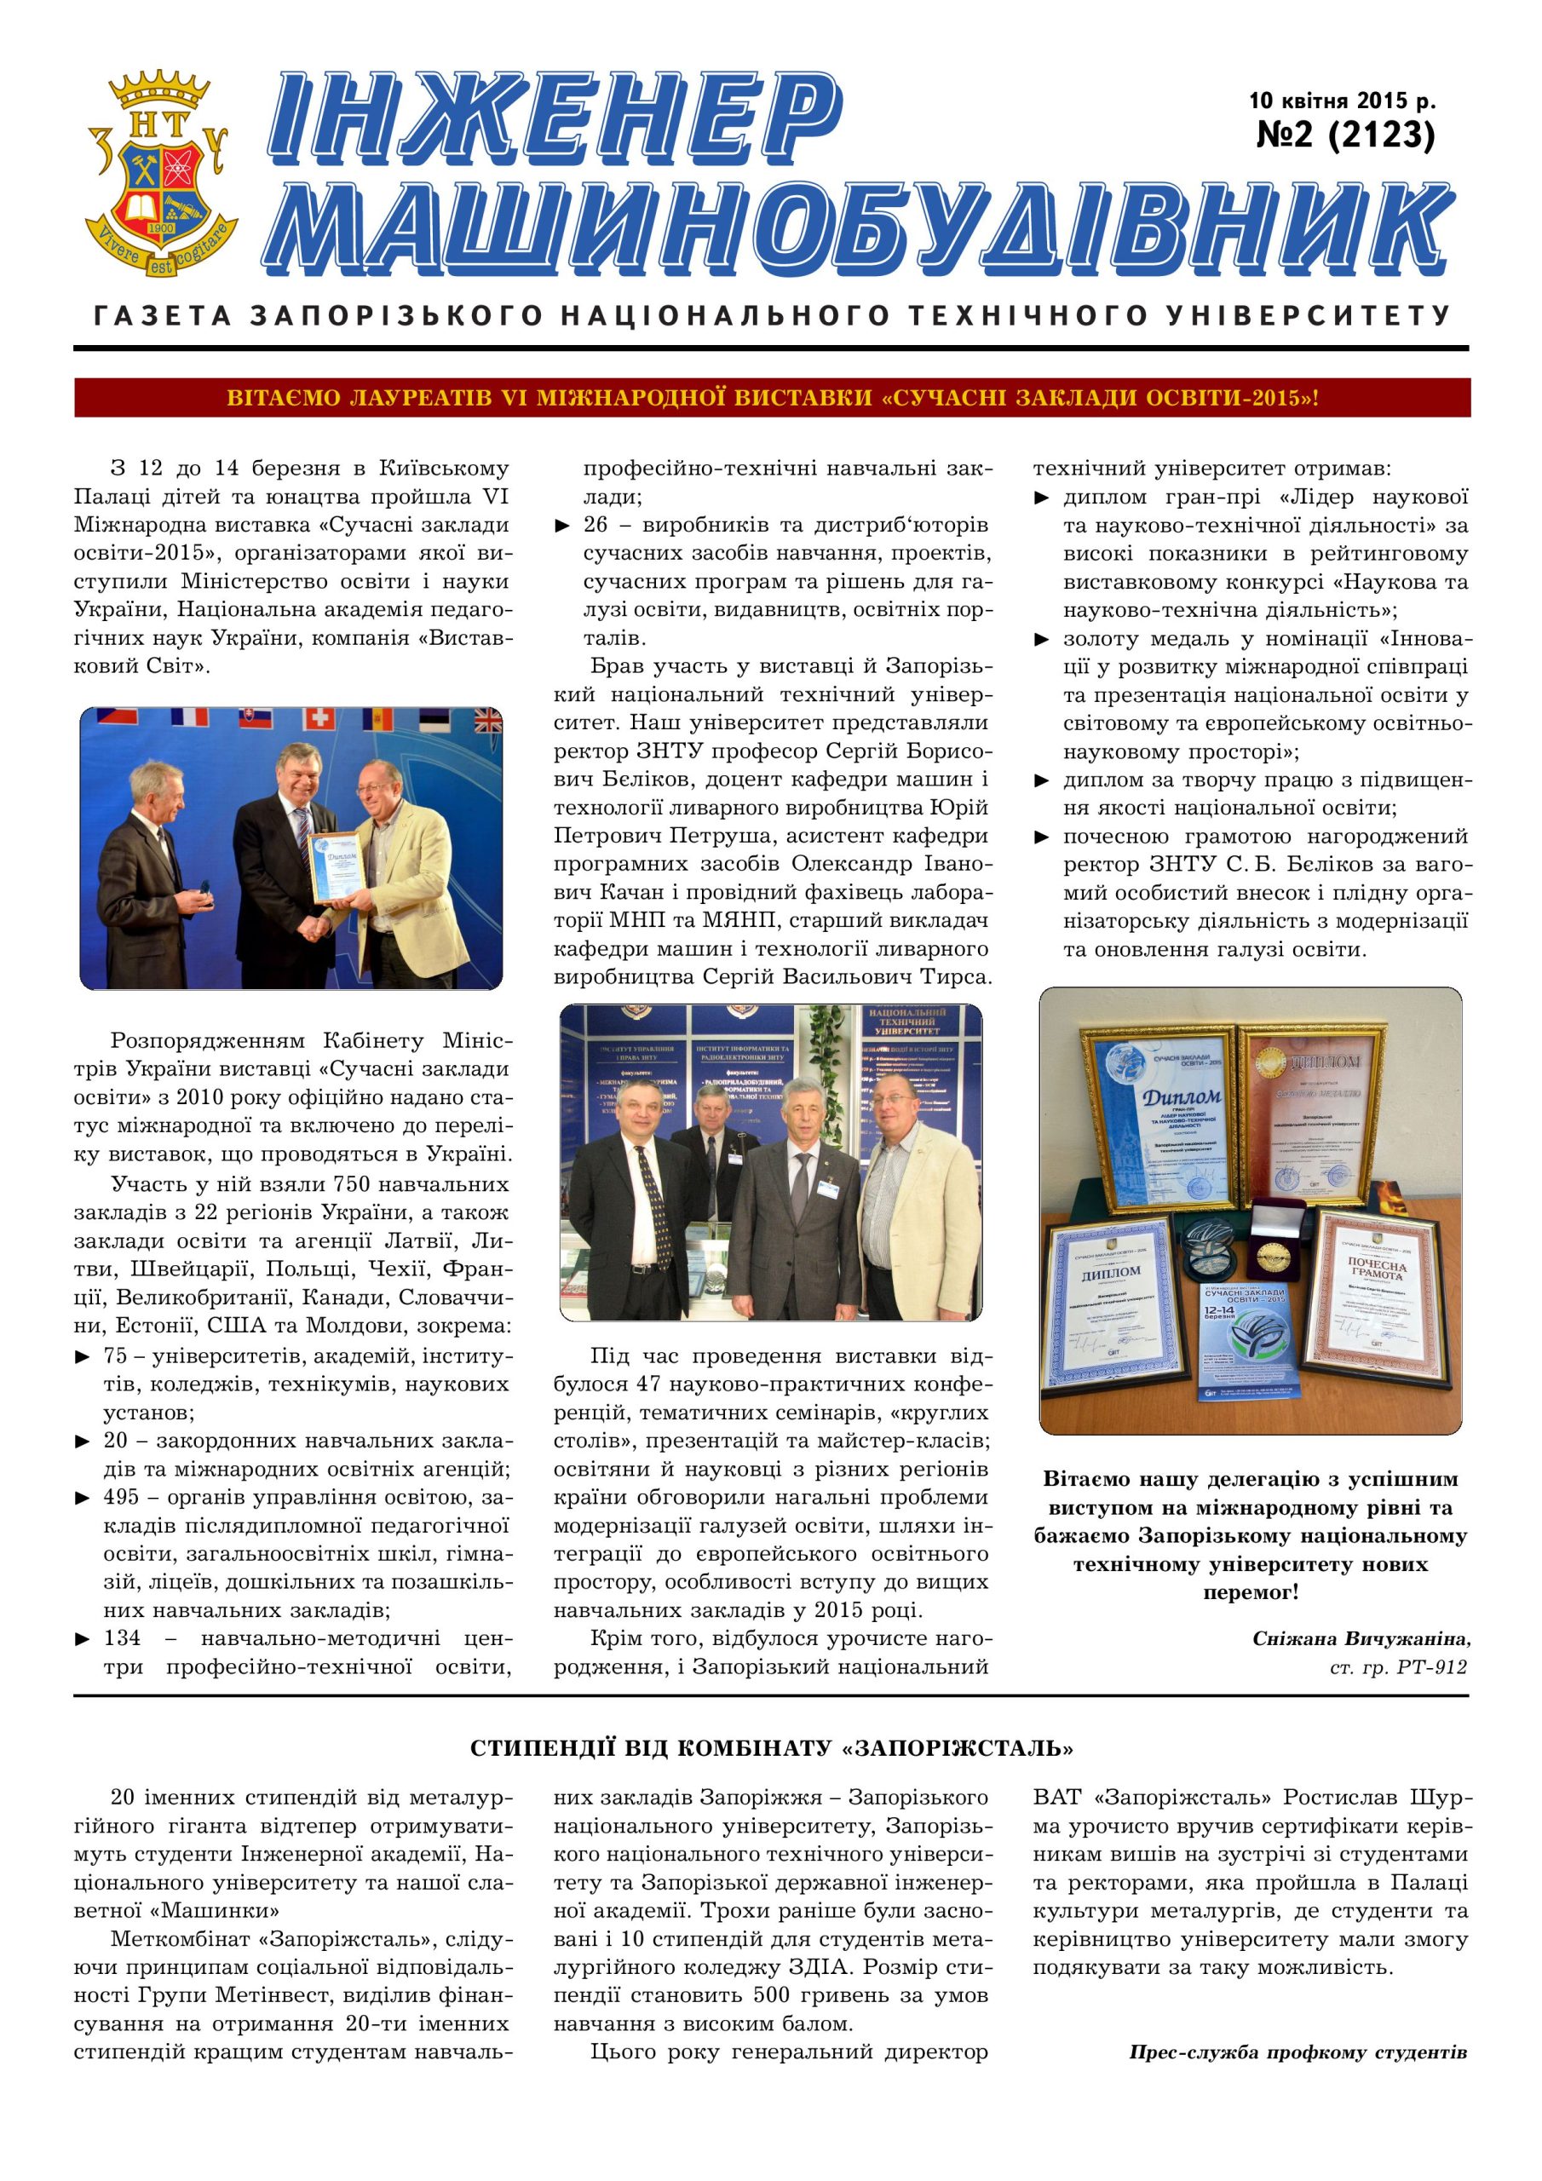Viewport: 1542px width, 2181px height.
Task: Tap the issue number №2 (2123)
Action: pos(1344,135)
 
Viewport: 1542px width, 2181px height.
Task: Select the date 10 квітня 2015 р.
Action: pos(1342,100)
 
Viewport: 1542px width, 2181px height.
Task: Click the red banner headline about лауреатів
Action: pos(772,398)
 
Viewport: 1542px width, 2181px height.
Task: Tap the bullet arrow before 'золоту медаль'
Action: pos(1042,639)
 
